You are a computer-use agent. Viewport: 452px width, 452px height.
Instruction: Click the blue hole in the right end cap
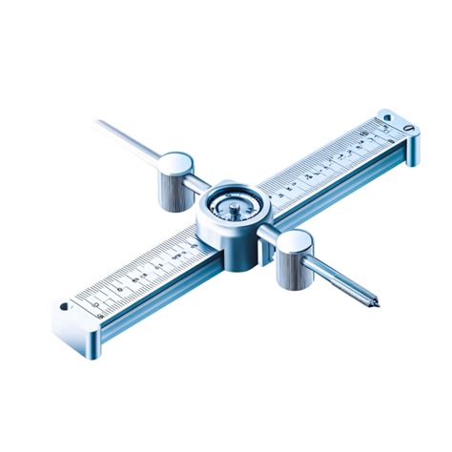click(385, 117)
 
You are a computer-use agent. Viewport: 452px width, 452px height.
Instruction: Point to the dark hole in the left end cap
click(65, 307)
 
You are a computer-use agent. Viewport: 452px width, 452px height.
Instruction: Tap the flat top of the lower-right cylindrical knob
click(295, 242)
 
